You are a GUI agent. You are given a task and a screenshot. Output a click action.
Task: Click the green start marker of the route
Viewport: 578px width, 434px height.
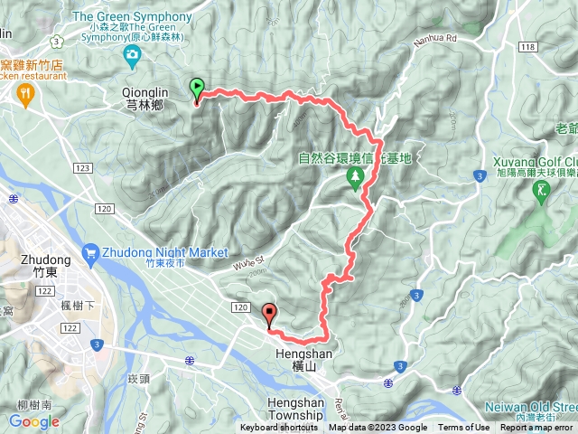point(197,89)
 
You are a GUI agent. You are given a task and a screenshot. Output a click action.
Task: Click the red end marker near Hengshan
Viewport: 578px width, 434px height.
point(268,316)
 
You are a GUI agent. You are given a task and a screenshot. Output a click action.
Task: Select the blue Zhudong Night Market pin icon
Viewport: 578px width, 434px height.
point(91,252)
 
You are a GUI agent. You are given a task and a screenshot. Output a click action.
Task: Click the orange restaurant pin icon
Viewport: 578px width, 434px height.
point(25,91)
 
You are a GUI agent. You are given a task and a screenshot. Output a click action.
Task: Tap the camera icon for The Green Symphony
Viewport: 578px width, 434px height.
point(133,58)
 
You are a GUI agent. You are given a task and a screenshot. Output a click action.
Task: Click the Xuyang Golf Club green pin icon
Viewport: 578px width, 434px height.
point(541,191)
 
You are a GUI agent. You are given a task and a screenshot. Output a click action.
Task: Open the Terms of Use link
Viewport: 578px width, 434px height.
point(463,428)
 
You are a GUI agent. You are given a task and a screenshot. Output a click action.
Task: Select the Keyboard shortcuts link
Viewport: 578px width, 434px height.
point(279,428)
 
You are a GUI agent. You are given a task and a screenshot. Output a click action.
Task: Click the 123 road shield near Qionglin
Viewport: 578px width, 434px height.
point(84,168)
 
